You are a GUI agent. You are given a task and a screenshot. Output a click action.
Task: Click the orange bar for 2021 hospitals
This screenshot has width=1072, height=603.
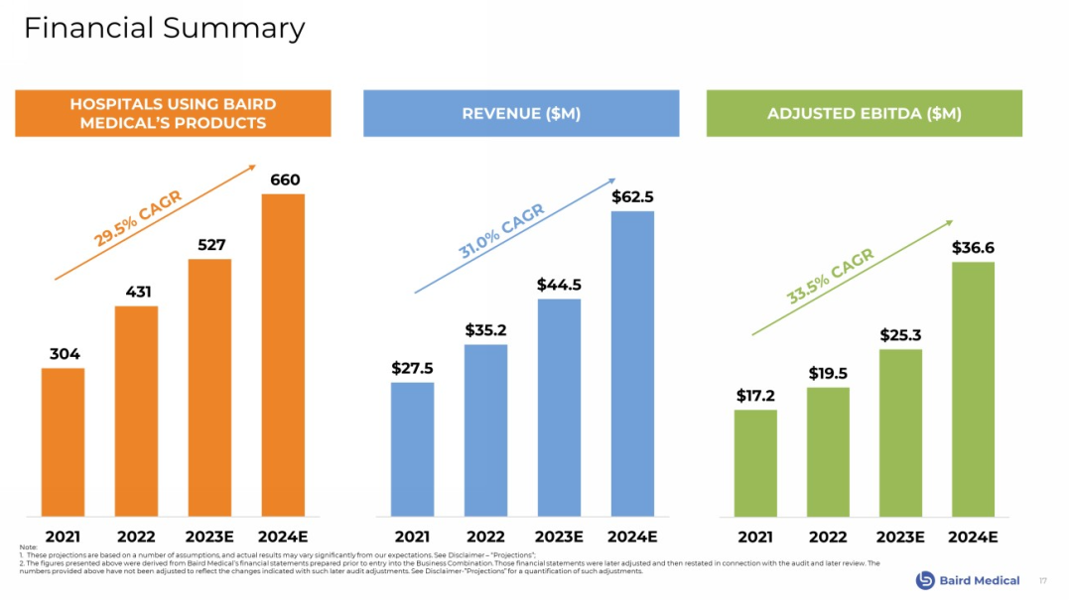[63, 441]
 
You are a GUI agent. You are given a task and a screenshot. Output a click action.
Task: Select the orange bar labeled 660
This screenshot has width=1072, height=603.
[283, 354]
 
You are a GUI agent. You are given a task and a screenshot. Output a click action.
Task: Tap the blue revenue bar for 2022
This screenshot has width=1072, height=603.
[485, 429]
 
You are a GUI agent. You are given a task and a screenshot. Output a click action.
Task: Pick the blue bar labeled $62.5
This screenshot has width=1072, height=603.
[632, 363]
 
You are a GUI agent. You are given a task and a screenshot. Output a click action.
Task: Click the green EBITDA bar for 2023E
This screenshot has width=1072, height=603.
[900, 431]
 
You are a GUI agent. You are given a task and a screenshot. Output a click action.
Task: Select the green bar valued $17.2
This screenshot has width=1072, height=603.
[755, 462]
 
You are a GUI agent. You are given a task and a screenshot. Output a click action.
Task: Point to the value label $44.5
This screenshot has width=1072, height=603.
[559, 285]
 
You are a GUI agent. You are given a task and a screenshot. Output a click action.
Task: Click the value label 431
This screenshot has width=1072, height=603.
[137, 292]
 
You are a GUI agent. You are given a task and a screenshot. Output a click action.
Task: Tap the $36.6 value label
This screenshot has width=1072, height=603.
[973, 247]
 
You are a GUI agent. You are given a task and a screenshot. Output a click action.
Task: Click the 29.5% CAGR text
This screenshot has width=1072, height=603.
[138, 218]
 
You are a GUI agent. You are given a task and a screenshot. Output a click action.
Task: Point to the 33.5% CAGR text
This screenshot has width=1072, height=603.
[830, 277]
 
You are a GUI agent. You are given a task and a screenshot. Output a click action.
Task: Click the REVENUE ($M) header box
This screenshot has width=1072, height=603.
[521, 113]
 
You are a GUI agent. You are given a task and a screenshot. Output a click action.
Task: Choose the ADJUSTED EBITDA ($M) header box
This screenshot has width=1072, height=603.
[864, 113]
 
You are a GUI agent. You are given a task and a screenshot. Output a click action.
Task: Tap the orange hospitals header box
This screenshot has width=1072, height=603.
[173, 113]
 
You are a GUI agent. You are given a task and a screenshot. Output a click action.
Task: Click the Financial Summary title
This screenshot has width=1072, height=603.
[164, 28]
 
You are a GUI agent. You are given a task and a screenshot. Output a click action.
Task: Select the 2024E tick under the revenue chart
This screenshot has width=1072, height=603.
[632, 537]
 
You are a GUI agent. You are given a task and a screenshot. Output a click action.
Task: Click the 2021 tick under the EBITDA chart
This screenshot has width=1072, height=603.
[755, 537]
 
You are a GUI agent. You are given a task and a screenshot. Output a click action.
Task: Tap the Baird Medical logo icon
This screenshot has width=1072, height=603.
[925, 580]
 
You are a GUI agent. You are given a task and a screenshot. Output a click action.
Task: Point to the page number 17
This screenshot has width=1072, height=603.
[1042, 580]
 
